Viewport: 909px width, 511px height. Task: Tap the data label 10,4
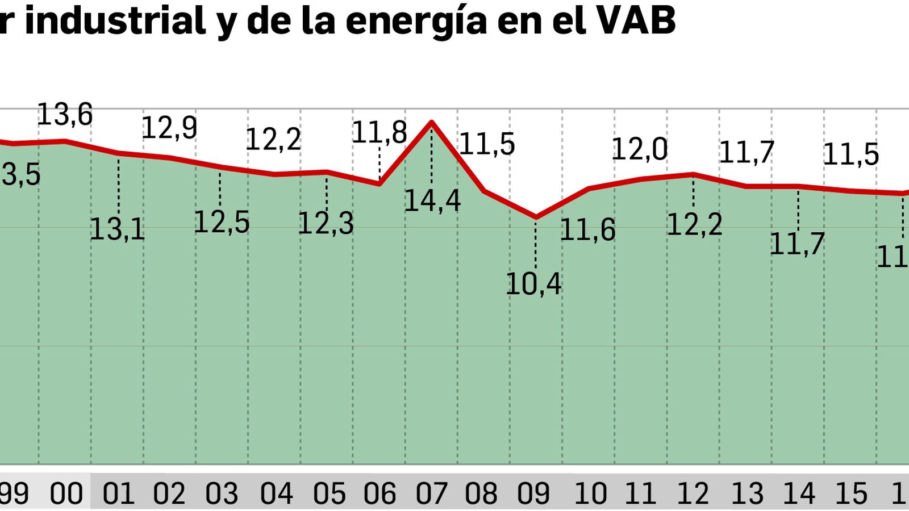coord(533,284)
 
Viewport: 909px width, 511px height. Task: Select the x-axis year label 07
coord(431,493)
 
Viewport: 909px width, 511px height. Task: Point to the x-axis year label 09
coord(533,493)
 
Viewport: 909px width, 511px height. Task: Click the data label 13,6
coord(64,115)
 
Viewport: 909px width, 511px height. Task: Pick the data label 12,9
coord(169,128)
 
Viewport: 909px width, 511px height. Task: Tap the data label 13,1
coord(117,230)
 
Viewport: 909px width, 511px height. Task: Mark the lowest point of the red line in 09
coord(536,217)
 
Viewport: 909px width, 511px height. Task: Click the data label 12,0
coord(639,150)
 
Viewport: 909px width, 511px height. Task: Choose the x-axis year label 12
coord(693,493)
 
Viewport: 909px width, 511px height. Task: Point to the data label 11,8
coord(379,133)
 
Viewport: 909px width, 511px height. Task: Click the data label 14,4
coord(432,201)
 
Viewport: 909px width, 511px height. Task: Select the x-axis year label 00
coord(66,493)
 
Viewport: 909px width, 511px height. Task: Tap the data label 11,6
coord(587,231)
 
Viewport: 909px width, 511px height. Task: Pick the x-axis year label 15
coord(850,493)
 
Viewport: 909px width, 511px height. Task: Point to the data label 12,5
coord(222,223)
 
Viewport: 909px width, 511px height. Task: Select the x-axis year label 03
coord(222,493)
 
